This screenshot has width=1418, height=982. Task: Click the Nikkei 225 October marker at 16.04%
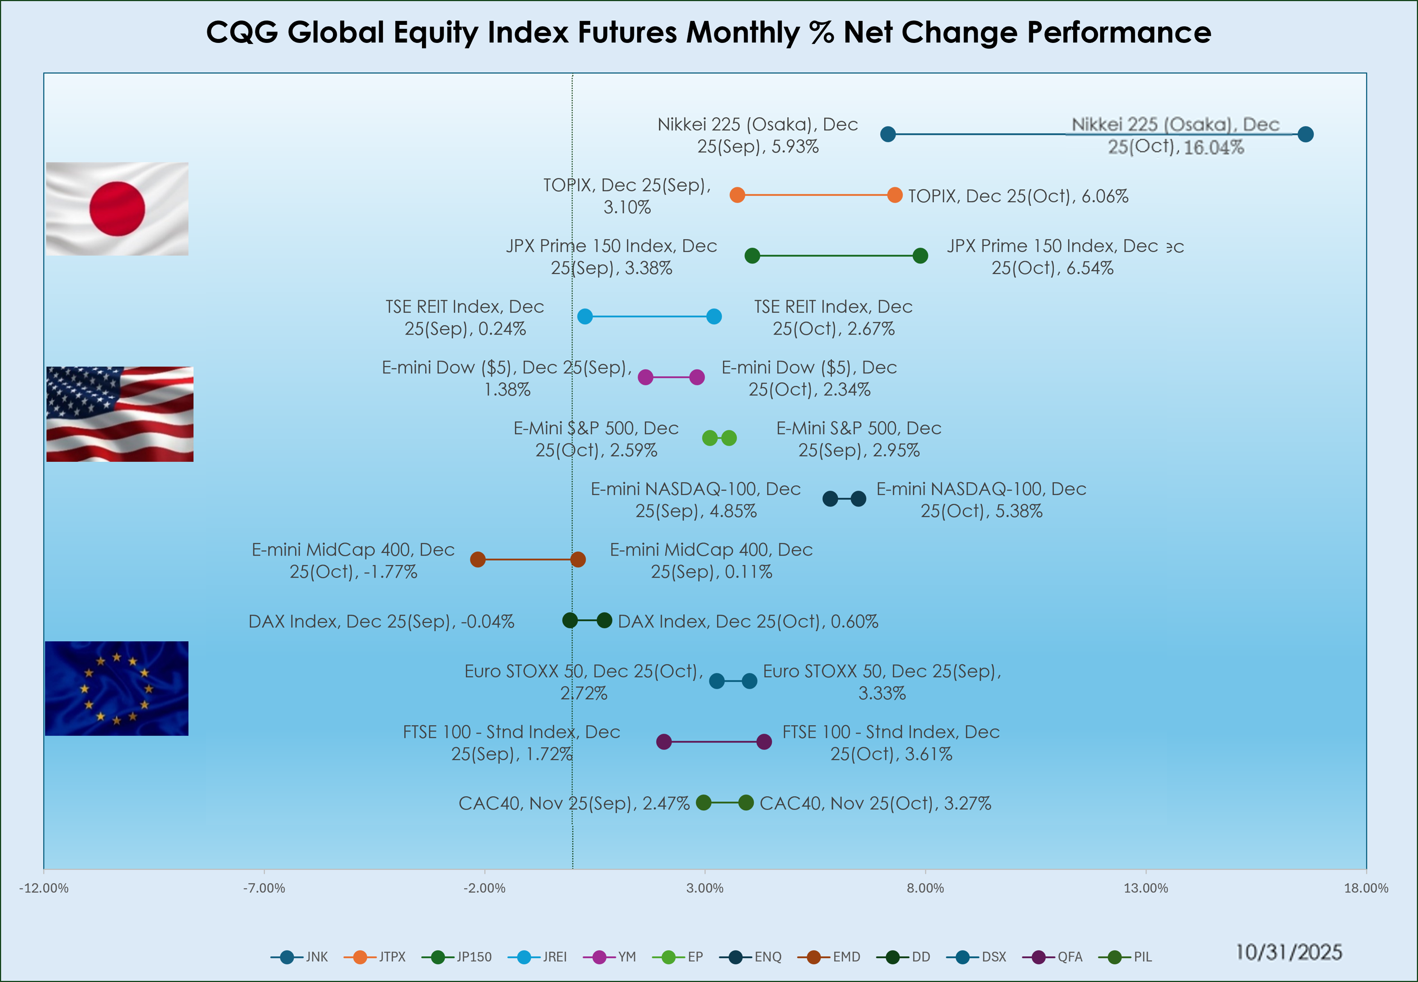click(x=1305, y=134)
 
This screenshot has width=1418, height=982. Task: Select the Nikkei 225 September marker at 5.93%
click(x=887, y=134)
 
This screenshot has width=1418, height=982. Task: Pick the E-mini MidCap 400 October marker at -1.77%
click(x=477, y=559)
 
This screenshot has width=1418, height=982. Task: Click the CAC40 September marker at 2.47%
click(x=703, y=802)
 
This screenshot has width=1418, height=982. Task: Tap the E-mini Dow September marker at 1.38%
click(x=645, y=377)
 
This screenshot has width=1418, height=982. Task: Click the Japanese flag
click(x=117, y=209)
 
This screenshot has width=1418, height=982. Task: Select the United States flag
click(x=119, y=413)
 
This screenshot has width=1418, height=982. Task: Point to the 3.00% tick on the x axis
click(x=704, y=888)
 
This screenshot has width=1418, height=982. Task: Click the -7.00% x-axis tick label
click(x=264, y=888)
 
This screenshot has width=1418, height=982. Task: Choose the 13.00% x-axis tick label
click(x=1146, y=888)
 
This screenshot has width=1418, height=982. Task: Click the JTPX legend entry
click(x=375, y=957)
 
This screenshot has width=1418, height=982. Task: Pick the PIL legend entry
click(x=1129, y=957)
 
